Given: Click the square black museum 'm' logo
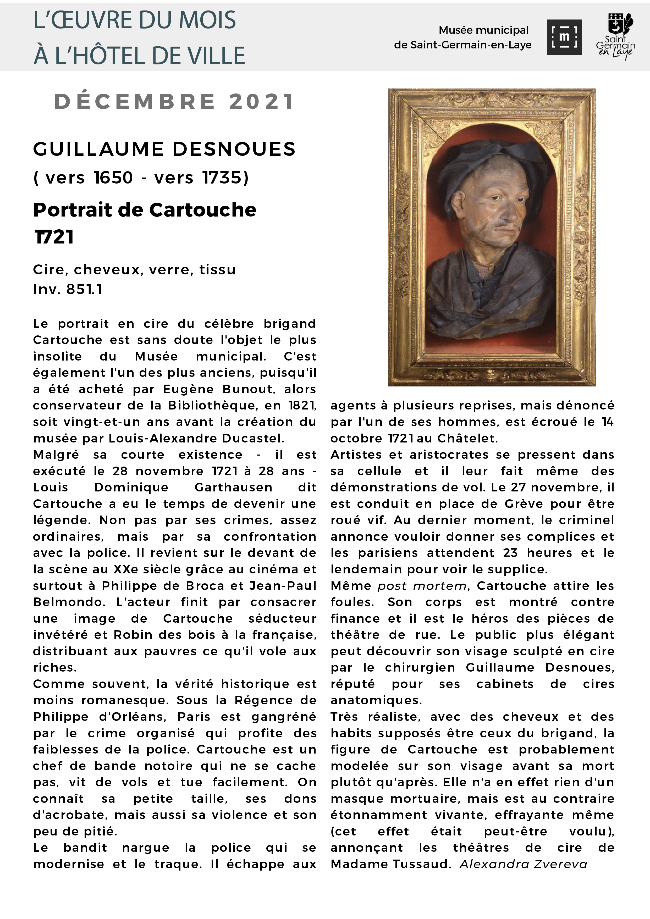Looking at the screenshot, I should [x=564, y=37].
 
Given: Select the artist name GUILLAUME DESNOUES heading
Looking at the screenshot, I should [x=164, y=149].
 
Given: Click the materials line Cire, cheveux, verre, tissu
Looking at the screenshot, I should [x=134, y=269].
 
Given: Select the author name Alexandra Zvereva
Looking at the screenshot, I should [x=523, y=864].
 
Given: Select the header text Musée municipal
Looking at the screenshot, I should [x=483, y=30].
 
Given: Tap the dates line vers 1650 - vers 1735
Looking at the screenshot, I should [x=141, y=177].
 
